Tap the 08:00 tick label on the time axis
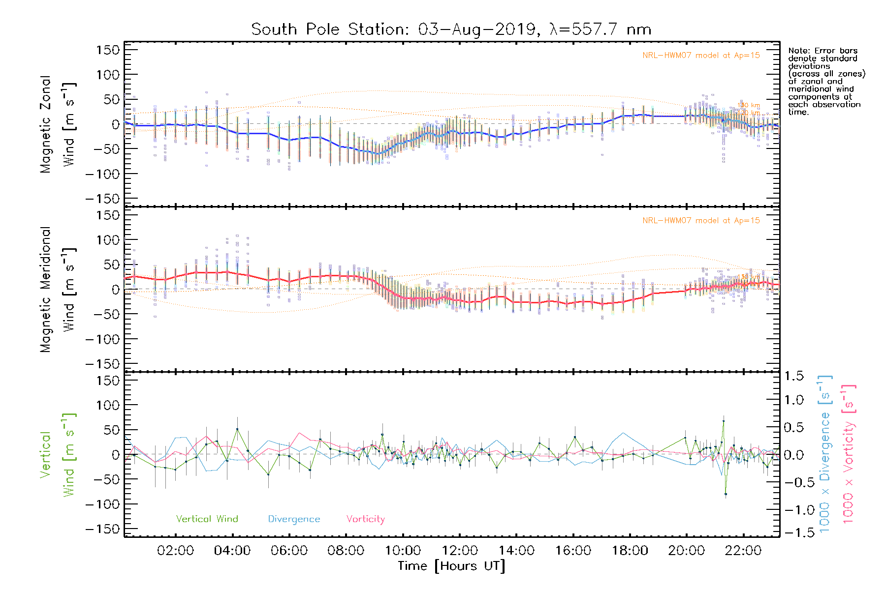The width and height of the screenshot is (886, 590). [x=346, y=551]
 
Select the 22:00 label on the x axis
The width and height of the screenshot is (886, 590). [x=743, y=551]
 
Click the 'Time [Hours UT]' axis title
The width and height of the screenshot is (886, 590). [x=451, y=566]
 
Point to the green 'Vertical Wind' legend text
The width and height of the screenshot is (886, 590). [x=207, y=519]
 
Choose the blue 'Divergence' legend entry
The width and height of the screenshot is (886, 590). [x=294, y=519]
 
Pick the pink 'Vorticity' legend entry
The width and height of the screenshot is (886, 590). [x=365, y=519]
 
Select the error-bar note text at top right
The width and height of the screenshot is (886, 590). [x=826, y=81]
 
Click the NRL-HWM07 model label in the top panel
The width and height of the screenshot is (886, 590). [x=701, y=56]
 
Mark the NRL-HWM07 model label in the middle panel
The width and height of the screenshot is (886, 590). [x=701, y=221]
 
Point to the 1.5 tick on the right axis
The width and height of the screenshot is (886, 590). [x=794, y=376]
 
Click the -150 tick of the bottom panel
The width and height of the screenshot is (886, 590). [x=102, y=529]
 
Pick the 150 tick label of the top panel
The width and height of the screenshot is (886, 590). [x=108, y=50]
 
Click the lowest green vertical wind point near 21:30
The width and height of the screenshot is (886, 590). [x=726, y=494]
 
